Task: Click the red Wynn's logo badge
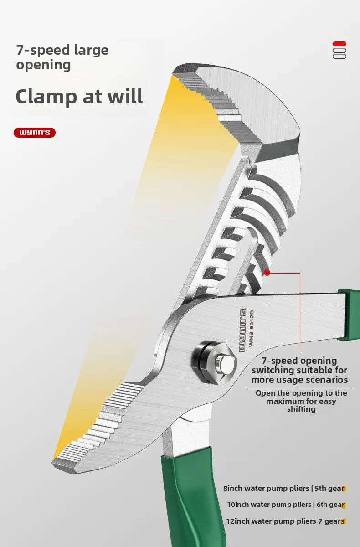(x=35, y=133)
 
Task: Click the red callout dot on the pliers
(x=267, y=273)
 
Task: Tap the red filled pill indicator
(x=339, y=44)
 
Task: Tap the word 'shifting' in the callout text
(x=301, y=409)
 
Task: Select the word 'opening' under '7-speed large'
(x=43, y=65)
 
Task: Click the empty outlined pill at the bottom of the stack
(x=339, y=56)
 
